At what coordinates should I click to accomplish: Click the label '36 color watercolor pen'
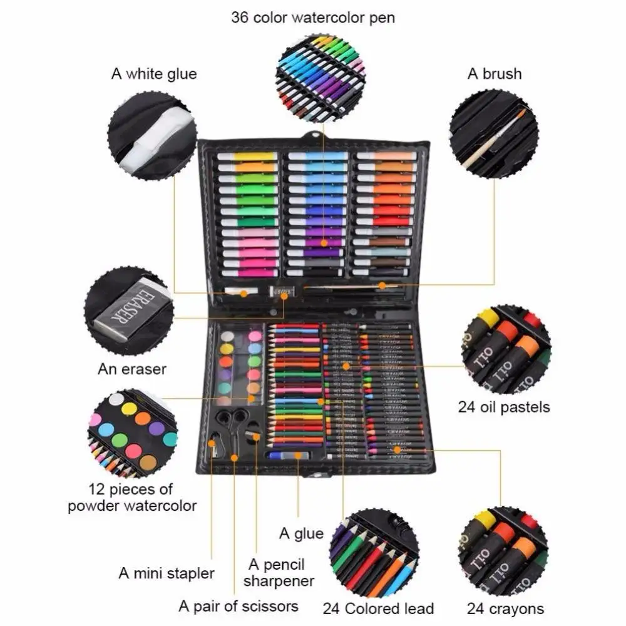coord(313,17)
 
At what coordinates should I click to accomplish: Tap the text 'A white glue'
coord(154,74)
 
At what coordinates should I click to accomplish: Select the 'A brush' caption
coord(494,74)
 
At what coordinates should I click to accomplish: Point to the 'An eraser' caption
coord(132,369)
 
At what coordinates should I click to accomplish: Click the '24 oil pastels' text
coord(504,407)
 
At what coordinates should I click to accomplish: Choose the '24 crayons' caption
coord(505,608)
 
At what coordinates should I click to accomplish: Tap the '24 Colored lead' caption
coord(378,608)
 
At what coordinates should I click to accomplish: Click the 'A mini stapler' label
coord(167,573)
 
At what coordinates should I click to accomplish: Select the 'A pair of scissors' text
coord(239,605)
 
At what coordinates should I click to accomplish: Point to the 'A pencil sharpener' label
coord(279,572)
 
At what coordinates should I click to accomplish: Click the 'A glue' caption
coord(301,533)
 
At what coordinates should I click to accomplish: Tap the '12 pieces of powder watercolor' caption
coord(132,497)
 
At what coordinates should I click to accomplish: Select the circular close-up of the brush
coord(493,133)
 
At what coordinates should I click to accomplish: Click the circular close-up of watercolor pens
coord(321,73)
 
